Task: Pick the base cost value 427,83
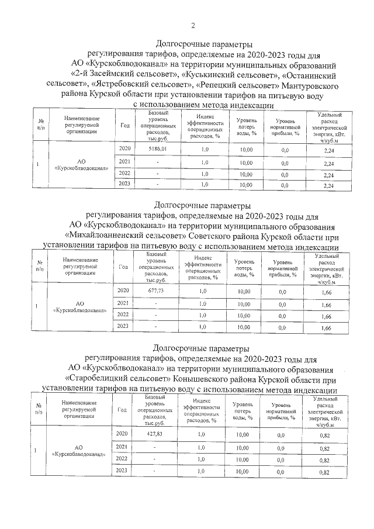coord(154,434)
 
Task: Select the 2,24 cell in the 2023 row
coord(328,186)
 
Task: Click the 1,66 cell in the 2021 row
coord(327,305)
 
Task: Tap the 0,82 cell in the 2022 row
coord(325,460)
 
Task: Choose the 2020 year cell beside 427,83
coord(122,434)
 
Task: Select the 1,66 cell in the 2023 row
coord(327,329)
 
